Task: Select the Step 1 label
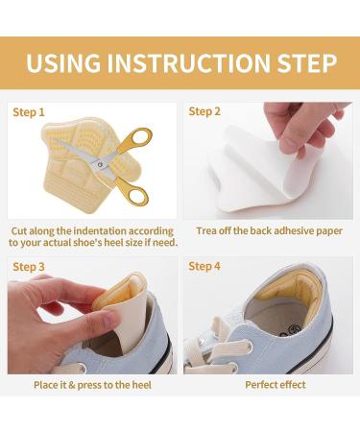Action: tap(29, 112)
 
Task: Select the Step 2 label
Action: tap(204, 112)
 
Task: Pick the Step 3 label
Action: tap(29, 266)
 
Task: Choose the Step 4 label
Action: tap(204, 266)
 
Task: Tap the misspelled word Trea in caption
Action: tap(208, 231)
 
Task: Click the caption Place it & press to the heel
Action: tap(92, 384)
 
